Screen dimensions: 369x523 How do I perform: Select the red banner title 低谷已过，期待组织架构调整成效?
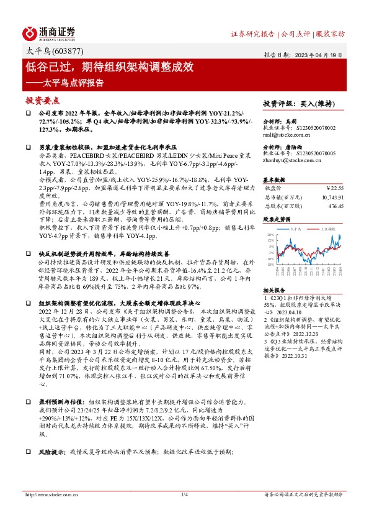tap(110, 66)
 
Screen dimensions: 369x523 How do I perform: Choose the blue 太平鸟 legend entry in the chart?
tap(299, 229)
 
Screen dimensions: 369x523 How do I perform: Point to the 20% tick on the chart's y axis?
tap(269, 235)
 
